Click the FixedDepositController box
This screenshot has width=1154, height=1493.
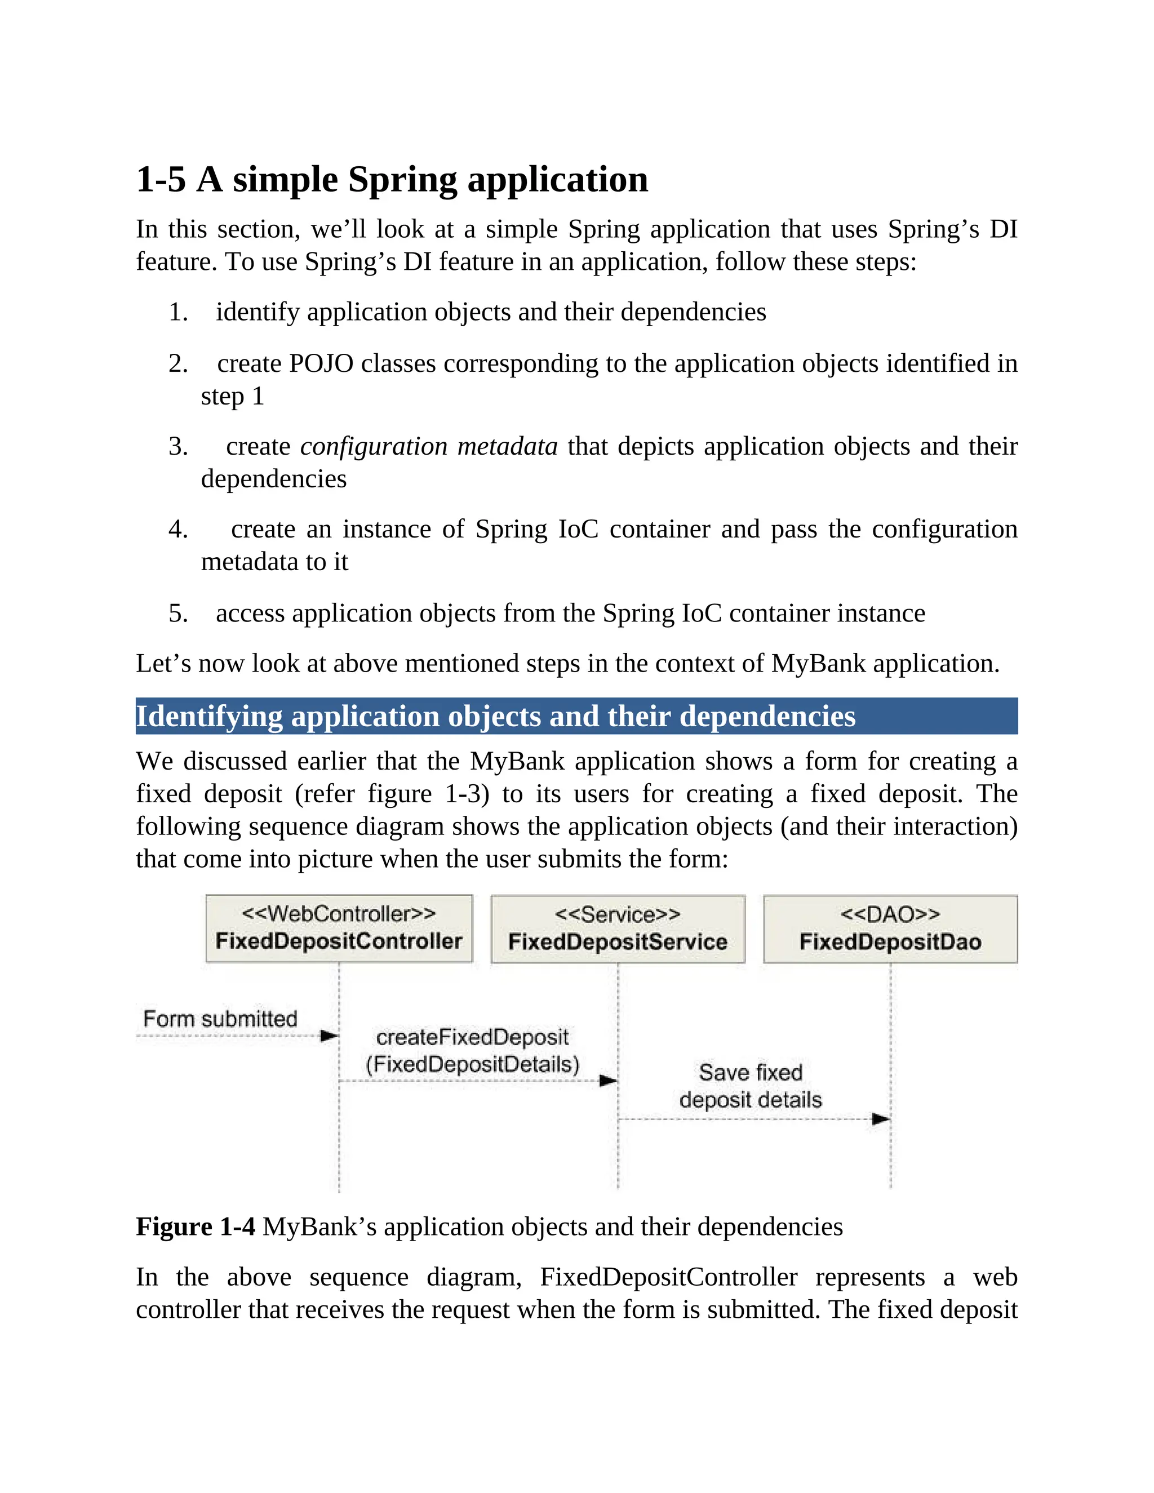(339, 928)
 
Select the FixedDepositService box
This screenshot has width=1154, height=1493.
(618, 929)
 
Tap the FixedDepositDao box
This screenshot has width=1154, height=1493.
(890, 929)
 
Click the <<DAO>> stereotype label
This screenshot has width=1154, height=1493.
(890, 914)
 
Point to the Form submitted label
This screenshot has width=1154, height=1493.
(220, 1019)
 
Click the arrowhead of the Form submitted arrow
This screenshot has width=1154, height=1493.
(330, 1036)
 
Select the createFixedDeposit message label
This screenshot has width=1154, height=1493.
(472, 1051)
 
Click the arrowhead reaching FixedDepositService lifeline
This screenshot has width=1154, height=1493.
(609, 1081)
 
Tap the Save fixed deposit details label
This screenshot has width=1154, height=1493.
(751, 1086)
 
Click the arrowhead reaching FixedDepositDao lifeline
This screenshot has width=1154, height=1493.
(881, 1119)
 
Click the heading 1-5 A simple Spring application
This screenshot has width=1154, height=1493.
(392, 179)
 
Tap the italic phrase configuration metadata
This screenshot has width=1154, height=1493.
(429, 446)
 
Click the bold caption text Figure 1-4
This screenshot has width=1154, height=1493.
(196, 1227)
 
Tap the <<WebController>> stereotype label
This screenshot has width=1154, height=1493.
(339, 913)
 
